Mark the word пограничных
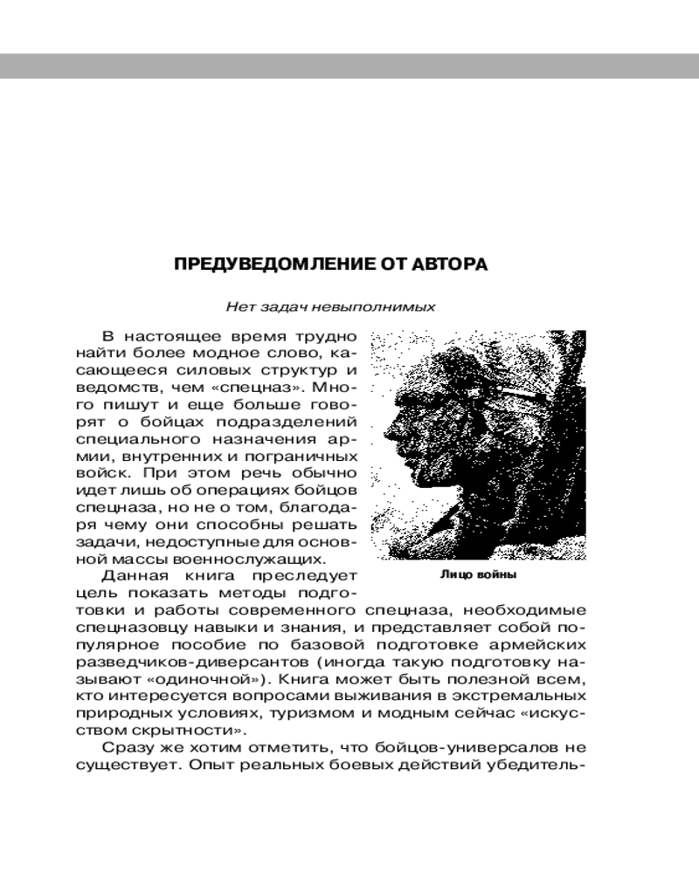pyautogui.click(x=308, y=456)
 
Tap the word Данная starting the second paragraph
pyautogui.click(x=131, y=575)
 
